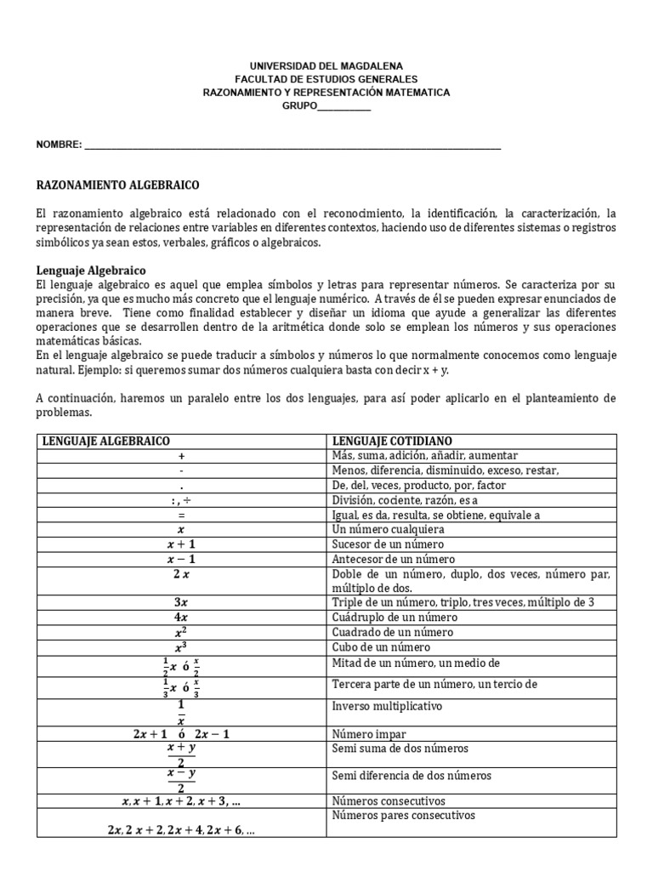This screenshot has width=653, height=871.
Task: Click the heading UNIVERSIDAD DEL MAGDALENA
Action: [x=326, y=65]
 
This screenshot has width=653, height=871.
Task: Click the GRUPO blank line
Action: [x=344, y=105]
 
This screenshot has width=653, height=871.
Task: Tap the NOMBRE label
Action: [x=59, y=145]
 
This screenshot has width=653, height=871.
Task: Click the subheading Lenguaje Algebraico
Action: [x=92, y=270]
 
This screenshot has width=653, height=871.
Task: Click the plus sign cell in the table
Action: [x=181, y=456]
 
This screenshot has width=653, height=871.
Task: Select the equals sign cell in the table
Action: [x=181, y=515]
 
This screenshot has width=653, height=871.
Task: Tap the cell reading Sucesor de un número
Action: [x=388, y=544]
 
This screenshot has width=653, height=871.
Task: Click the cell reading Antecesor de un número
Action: [x=393, y=559]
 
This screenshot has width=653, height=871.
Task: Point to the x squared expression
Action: [x=181, y=633]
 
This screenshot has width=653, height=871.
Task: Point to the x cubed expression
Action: [x=181, y=647]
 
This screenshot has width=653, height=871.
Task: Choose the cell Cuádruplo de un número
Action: [x=395, y=618]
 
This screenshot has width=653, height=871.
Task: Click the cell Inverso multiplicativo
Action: [x=387, y=706]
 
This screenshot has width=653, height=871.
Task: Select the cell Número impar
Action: [x=369, y=734]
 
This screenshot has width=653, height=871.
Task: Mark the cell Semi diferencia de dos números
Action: [x=412, y=776]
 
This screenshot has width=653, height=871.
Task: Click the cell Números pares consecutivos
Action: [x=403, y=816]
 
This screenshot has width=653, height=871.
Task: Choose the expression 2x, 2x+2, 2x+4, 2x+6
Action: [x=181, y=830]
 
